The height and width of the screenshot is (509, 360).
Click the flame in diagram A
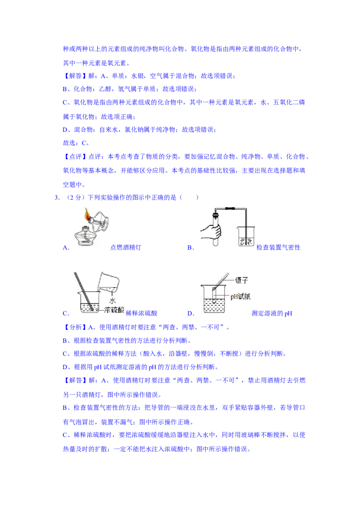87,214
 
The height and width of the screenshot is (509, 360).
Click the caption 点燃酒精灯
126,247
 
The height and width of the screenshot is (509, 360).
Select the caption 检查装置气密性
279,247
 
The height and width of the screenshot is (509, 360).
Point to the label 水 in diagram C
112,301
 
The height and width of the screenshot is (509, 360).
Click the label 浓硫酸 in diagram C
114,310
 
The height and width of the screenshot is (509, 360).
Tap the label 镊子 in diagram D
241,280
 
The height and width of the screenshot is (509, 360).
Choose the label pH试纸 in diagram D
240,296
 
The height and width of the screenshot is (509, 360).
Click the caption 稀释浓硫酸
141,313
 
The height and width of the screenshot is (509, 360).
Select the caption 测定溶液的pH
272,313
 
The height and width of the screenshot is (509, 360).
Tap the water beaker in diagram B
246,237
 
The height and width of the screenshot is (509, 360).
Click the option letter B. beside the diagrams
190,247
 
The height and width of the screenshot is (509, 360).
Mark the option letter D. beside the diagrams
191,313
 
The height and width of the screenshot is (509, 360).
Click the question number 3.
57,197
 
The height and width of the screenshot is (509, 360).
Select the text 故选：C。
76,143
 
